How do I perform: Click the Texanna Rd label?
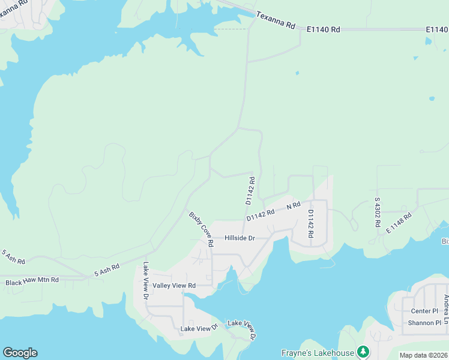276,20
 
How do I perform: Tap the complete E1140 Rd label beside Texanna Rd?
323,29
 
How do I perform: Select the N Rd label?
293,206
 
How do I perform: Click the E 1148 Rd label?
399,222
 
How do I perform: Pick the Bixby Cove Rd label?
201,229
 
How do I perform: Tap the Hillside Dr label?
240,238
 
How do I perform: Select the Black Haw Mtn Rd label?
32,281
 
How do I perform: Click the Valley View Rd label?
174,286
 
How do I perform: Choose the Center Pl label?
424,311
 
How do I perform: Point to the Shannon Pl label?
424,323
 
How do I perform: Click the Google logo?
20,353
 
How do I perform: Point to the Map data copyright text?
423,355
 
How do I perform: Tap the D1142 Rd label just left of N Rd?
260,214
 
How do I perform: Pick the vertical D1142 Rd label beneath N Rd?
310,223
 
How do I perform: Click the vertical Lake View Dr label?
145,280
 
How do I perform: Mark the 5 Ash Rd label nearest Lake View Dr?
106,270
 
